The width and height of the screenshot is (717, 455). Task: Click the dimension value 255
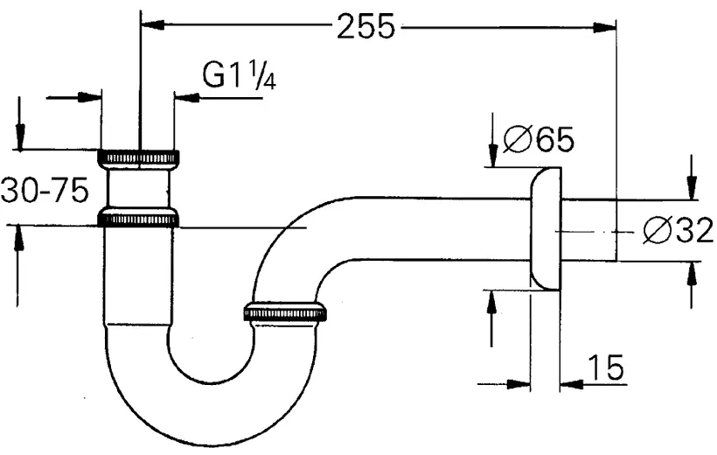tap(365, 27)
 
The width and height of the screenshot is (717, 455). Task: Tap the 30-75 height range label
tap(45, 191)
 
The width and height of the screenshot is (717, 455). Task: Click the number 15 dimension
tap(606, 368)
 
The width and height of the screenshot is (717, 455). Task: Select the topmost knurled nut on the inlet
tap(139, 157)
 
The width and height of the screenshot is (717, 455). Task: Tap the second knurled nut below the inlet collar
tap(139, 218)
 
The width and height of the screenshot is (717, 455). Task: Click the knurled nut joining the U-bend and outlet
tap(285, 312)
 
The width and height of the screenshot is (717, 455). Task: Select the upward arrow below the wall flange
tap(492, 302)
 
